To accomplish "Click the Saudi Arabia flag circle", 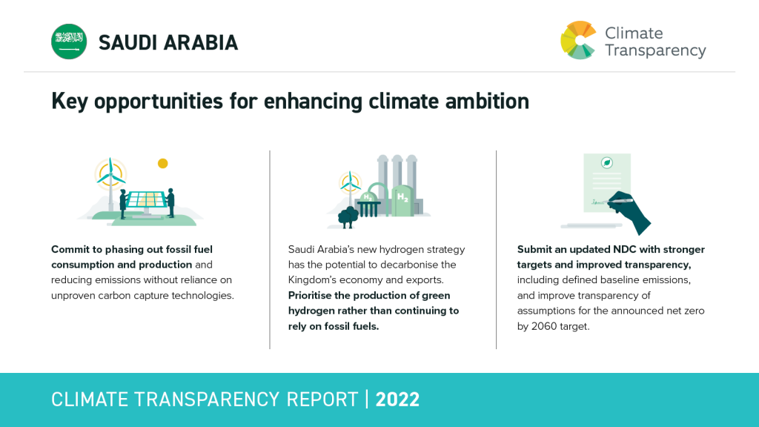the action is tap(69, 42).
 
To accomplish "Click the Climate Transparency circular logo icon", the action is tap(578, 40).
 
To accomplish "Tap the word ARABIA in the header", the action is tap(200, 42).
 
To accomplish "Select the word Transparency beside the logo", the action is tap(655, 51).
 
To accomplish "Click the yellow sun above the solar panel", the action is tap(162, 164).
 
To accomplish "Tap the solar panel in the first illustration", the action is tap(145, 200).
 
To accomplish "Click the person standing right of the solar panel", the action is tap(170, 203).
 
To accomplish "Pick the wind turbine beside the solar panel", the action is tap(111, 184).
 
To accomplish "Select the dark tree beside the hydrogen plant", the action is tap(348, 217).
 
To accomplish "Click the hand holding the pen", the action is tap(629, 213).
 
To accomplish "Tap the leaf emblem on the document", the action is tap(606, 162).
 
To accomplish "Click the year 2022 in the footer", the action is tap(397, 400).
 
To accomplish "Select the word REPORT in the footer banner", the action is tap(322, 400).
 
